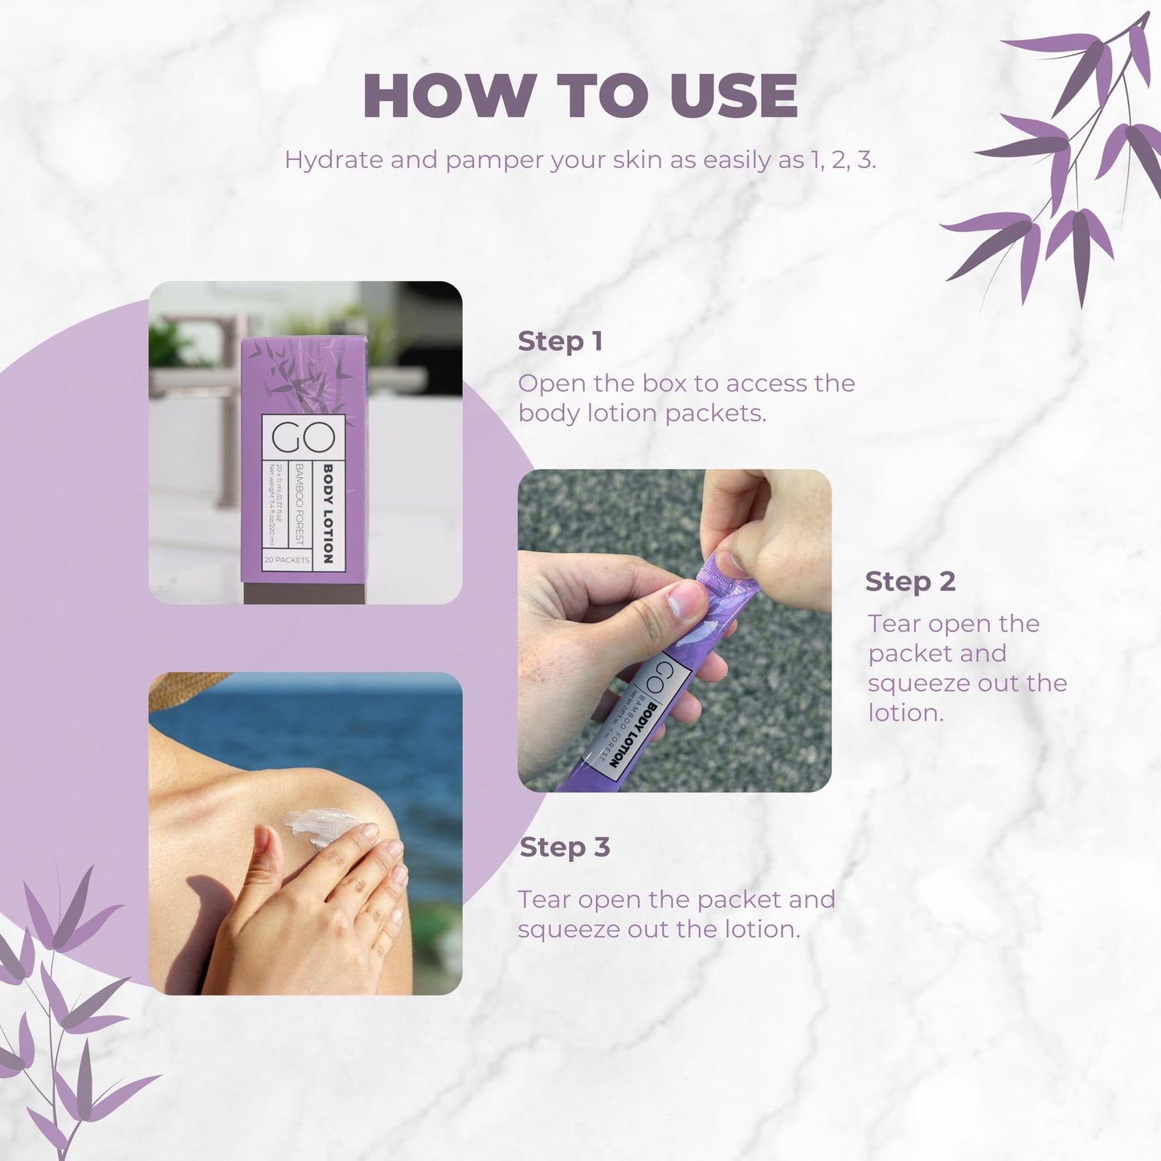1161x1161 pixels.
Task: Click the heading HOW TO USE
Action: click(x=580, y=96)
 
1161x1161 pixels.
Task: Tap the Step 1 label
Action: click(x=560, y=341)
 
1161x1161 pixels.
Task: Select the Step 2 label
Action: click(x=910, y=581)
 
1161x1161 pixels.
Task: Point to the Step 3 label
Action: click(x=565, y=847)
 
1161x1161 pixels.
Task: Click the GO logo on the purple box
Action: click(x=302, y=437)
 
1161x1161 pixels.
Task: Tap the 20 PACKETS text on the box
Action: click(x=286, y=560)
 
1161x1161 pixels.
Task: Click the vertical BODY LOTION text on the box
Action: click(x=328, y=513)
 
